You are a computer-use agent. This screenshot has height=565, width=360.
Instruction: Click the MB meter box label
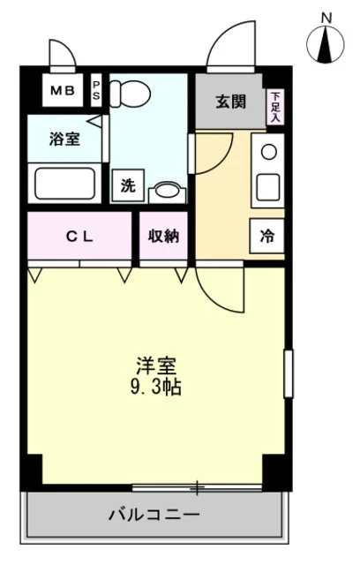click(63, 90)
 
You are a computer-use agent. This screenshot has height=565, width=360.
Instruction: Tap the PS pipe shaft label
click(96, 90)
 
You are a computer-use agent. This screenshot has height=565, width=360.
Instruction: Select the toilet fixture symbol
click(130, 94)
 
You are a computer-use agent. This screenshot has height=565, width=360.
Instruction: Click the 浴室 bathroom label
click(64, 139)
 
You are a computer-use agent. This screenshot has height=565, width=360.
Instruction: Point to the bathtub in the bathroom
click(65, 184)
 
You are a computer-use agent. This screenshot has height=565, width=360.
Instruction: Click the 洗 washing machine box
click(128, 185)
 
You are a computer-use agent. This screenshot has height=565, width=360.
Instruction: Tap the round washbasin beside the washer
click(168, 191)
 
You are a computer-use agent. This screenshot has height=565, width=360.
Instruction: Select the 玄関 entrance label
click(231, 102)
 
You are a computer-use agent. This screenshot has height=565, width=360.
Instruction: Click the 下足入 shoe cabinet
click(275, 107)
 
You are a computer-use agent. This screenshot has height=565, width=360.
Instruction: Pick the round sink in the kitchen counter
click(269, 151)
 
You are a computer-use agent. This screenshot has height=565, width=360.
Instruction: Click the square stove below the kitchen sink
click(268, 185)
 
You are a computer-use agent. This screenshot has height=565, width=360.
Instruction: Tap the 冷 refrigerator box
click(267, 236)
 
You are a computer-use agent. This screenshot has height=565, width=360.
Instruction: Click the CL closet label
click(79, 237)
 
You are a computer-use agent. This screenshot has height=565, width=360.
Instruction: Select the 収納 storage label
click(164, 237)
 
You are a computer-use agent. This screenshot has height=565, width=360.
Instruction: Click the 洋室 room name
click(156, 366)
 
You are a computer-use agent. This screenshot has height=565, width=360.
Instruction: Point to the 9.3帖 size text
click(155, 387)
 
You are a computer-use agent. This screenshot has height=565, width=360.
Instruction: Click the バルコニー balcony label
click(154, 514)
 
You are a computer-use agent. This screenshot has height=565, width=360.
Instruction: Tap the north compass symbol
click(326, 41)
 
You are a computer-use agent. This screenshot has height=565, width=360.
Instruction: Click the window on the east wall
click(289, 373)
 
